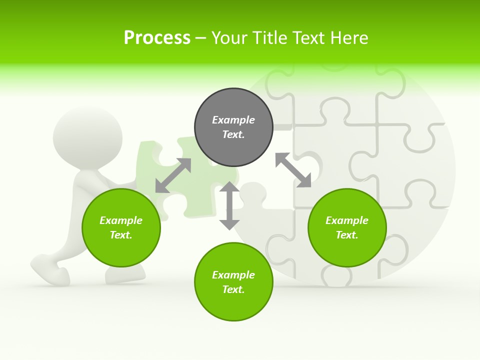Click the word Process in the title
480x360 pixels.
pos(157,38)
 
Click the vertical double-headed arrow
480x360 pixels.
pos(229,205)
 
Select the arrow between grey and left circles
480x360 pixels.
pos(173,175)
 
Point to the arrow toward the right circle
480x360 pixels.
pos(293,170)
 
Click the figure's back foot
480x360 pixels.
pos(50,270)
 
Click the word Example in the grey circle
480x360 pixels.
pos(233,120)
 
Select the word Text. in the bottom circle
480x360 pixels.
pos(233,289)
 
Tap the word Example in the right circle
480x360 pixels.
pos(347,220)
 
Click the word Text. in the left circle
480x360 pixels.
pos(121,235)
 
